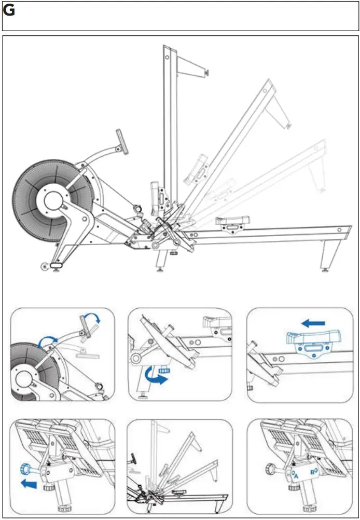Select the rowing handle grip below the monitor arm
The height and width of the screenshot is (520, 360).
coord(139,208)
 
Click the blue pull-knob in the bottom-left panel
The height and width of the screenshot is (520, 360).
coord(24,469)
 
